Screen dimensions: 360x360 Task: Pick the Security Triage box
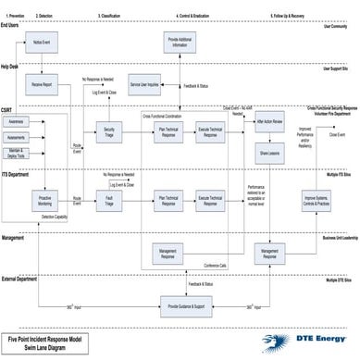point(109,130)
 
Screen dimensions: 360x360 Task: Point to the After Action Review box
point(269,123)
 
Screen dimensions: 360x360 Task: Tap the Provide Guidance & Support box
point(186,304)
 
